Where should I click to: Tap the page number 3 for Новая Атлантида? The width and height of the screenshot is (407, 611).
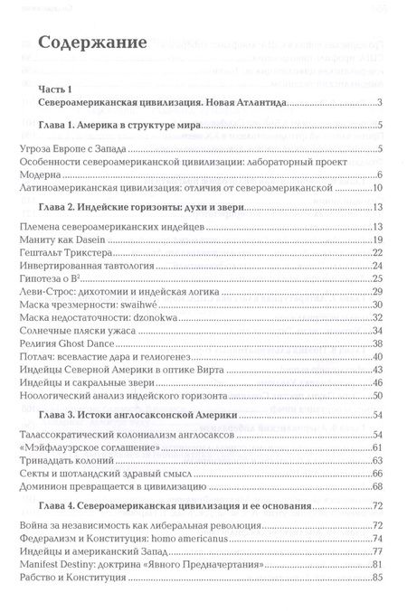383,106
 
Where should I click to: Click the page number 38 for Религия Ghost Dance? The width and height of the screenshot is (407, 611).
379,346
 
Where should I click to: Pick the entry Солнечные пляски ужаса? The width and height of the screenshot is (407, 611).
75,333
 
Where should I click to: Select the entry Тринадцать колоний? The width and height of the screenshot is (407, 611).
68,461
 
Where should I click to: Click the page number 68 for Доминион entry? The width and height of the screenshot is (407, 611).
379,488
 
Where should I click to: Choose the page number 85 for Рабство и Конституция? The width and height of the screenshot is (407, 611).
379,578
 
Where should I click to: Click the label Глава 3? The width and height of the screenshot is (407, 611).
60,415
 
